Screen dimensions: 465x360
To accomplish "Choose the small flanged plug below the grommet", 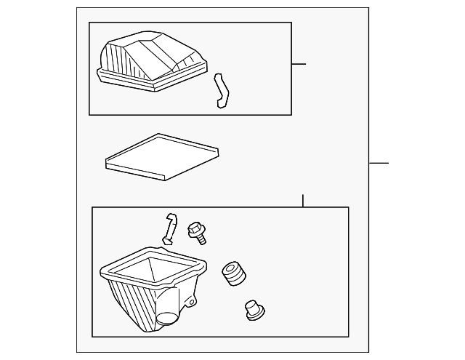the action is pyautogui.click(x=254, y=311).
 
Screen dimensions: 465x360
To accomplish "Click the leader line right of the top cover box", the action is pyautogui.click(x=299, y=64).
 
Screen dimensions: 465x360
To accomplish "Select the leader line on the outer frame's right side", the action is pyautogui.click(x=379, y=163).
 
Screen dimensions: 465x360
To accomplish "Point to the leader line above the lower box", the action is pyautogui.click(x=303, y=201).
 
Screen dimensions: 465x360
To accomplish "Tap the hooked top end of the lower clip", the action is pyautogui.click(x=171, y=217).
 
